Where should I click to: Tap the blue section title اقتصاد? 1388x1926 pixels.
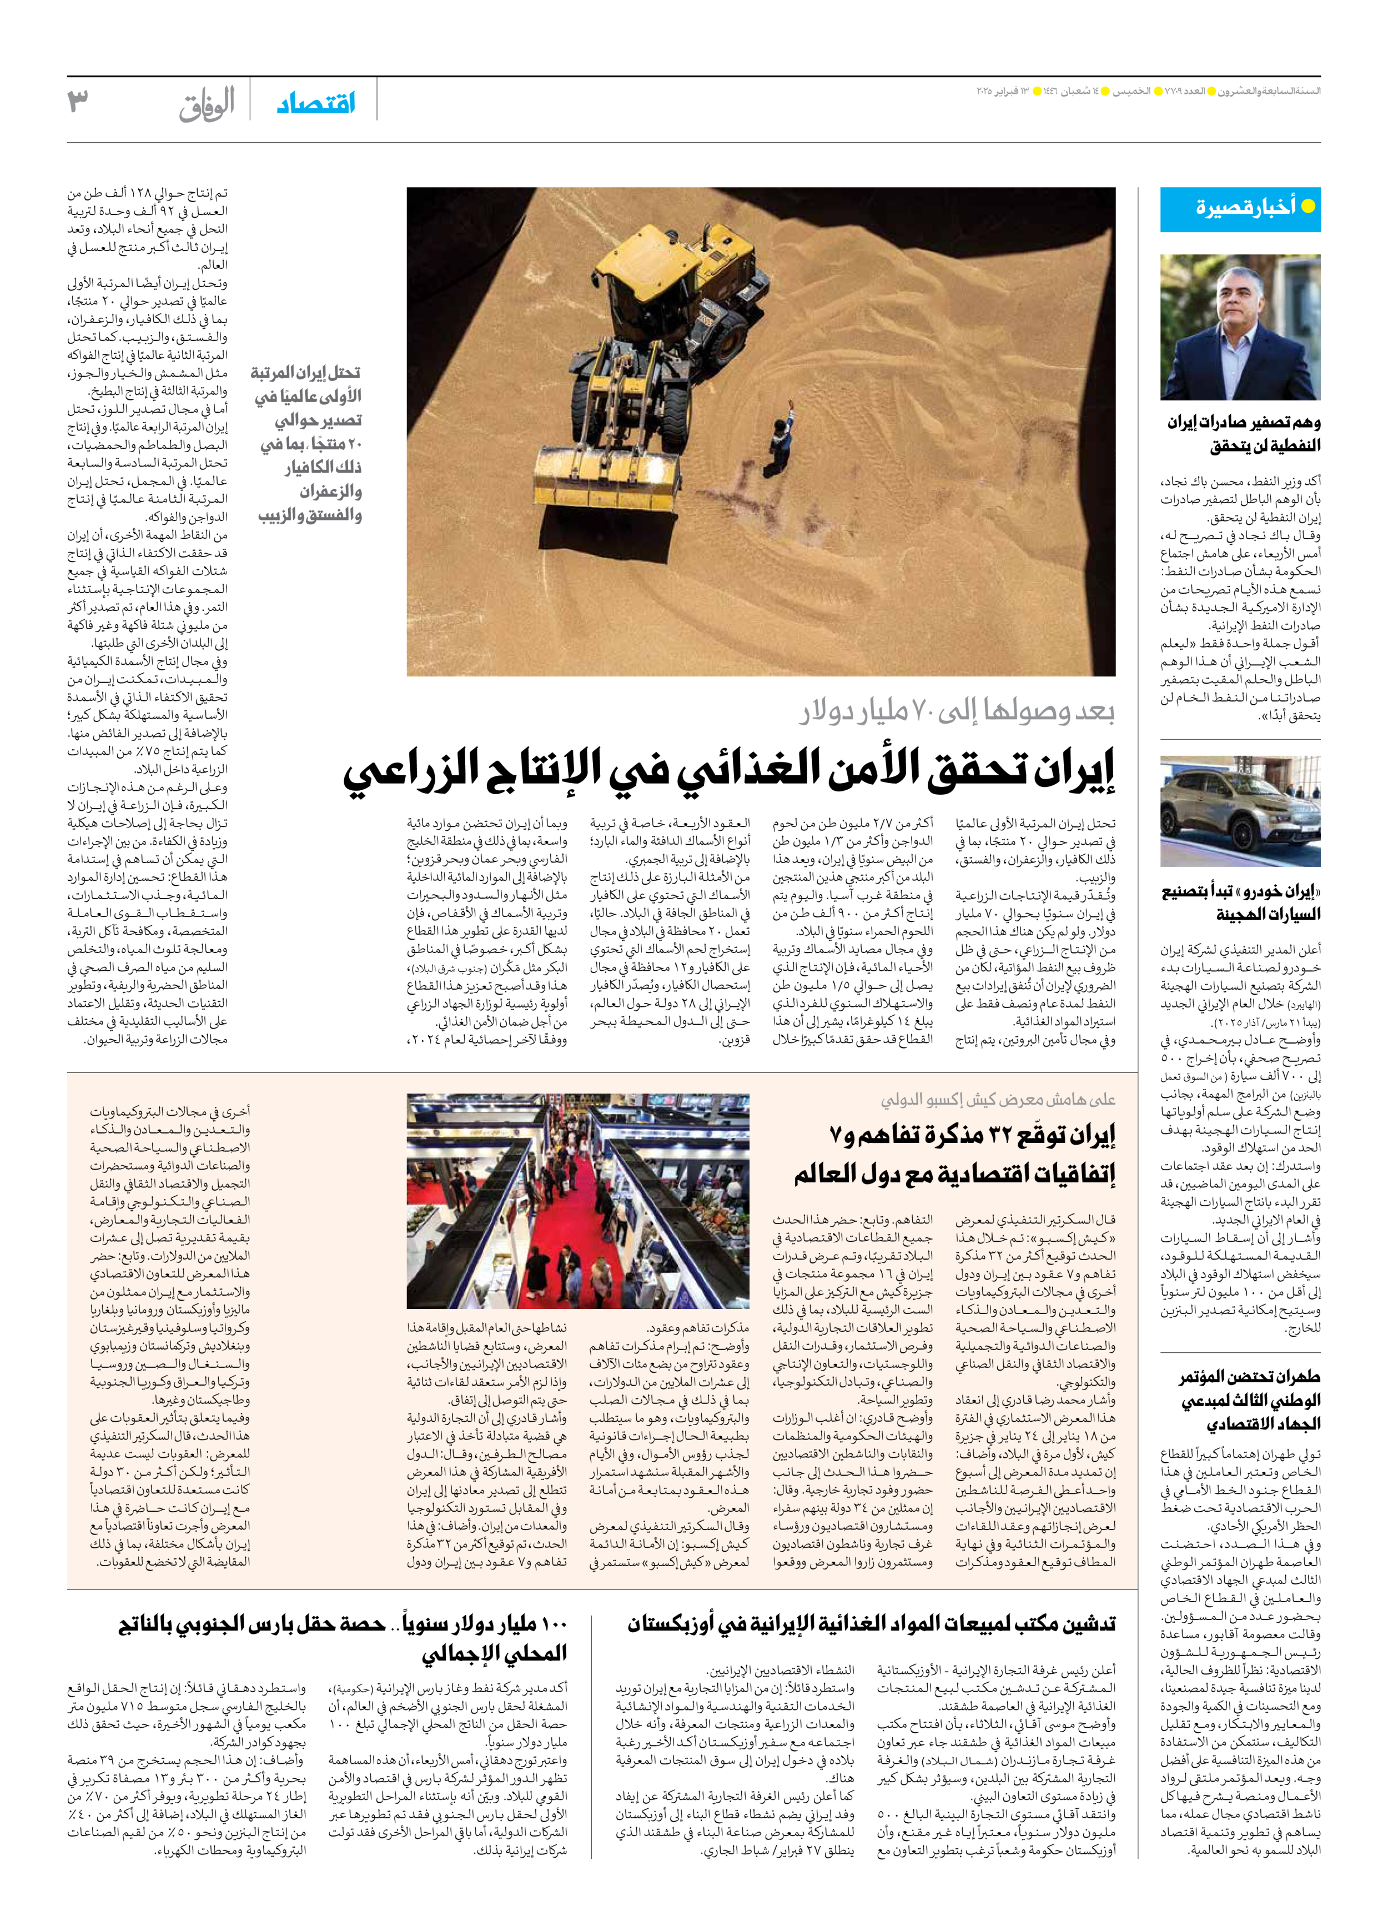click(x=316, y=104)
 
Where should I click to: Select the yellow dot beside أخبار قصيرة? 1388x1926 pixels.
click(x=1308, y=207)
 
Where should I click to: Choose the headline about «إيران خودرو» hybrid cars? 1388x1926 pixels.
click(x=1241, y=902)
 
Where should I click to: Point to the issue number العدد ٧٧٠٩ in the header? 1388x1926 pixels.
click(x=1183, y=91)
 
